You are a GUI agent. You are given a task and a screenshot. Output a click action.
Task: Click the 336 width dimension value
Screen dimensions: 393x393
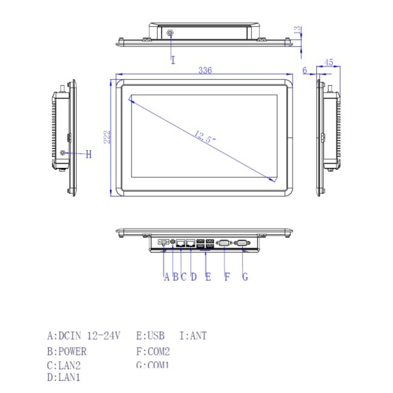[205, 71]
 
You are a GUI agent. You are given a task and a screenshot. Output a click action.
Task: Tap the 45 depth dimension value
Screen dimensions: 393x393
[329, 62]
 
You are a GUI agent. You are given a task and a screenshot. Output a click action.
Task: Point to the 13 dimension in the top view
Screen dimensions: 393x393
[298, 29]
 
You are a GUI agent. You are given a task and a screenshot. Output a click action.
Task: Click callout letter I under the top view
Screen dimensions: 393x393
[173, 60]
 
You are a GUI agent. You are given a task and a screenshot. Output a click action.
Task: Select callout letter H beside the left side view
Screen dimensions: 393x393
[88, 154]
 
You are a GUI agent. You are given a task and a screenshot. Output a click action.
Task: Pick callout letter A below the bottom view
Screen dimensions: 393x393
[166, 277]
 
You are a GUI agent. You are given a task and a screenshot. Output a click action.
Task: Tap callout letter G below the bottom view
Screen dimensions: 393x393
[245, 277]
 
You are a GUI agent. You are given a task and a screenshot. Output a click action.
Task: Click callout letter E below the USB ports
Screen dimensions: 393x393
[208, 277]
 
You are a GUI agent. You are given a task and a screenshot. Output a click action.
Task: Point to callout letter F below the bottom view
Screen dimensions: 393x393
[227, 277]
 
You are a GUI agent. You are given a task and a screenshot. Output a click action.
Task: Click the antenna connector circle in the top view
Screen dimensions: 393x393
[170, 33]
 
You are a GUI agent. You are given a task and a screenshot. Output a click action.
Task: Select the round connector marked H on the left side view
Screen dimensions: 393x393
[62, 152]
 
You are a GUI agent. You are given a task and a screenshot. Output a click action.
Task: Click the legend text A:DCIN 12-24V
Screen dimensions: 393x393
[84, 336]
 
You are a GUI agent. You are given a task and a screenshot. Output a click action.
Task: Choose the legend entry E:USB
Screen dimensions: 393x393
[150, 336]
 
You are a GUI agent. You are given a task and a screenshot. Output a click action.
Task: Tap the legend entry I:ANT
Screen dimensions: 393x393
[193, 336]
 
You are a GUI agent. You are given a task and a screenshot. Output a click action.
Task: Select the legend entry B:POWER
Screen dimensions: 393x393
[66, 351]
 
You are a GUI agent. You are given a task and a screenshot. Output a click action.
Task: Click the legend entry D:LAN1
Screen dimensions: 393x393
[64, 378]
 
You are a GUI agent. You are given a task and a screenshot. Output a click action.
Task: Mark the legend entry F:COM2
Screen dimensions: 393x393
[153, 351]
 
